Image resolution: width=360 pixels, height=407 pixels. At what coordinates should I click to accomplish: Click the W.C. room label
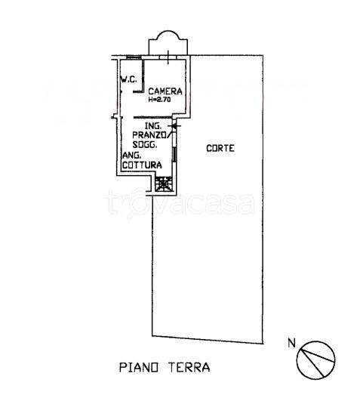pyautogui.click(x=128, y=79)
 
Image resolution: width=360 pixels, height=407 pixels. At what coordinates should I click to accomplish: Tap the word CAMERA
pyautogui.click(x=165, y=91)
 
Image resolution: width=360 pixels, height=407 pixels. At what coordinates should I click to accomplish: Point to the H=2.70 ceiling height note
pyautogui.click(x=159, y=100)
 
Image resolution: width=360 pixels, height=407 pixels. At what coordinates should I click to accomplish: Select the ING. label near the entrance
pyautogui.click(x=153, y=126)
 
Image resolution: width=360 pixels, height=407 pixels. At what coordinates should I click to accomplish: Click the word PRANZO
pyautogui.click(x=150, y=135)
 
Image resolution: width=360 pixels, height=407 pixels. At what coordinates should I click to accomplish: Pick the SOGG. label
pyautogui.click(x=145, y=144)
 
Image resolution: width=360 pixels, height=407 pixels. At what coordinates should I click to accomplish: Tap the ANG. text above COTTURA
pyautogui.click(x=132, y=156)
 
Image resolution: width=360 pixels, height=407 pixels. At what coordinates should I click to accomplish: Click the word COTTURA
pyautogui.click(x=142, y=165)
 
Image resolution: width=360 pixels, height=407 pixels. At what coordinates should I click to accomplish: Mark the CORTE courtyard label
pyautogui.click(x=220, y=148)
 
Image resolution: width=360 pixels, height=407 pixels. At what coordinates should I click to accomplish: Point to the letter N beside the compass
pyautogui.click(x=292, y=344)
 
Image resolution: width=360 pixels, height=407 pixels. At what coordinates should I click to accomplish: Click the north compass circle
pyautogui.click(x=315, y=360)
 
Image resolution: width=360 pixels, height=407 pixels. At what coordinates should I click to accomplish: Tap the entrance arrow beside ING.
pyautogui.click(x=174, y=126)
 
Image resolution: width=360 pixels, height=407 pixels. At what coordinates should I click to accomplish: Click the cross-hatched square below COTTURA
pyautogui.click(x=164, y=184)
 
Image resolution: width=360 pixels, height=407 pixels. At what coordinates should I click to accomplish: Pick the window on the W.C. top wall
pyautogui.click(x=134, y=57)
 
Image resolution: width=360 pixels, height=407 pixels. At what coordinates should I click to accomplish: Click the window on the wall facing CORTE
pyautogui.click(x=174, y=154)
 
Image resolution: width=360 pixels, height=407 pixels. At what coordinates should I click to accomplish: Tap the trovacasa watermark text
pyautogui.click(x=180, y=203)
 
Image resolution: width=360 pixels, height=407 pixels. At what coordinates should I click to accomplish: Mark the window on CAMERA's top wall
pyautogui.click(x=168, y=57)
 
